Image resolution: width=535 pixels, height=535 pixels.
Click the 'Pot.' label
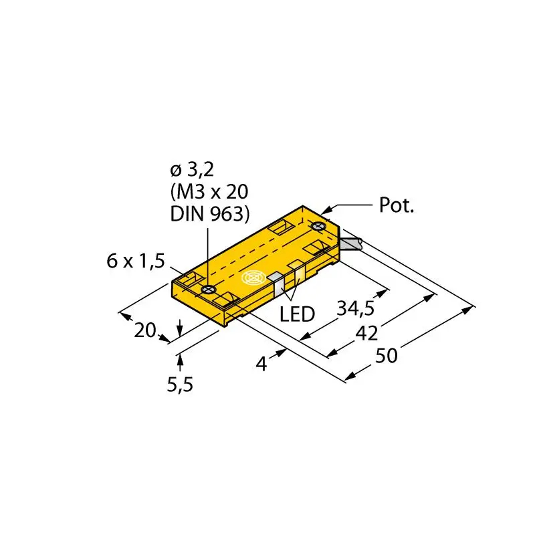tap(397, 205)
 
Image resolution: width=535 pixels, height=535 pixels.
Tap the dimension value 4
tap(262, 364)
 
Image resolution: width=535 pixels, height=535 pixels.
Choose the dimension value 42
tap(364, 332)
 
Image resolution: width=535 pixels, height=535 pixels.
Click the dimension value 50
tap(385, 356)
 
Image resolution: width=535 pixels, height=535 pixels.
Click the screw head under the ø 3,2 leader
tap(208, 289)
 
